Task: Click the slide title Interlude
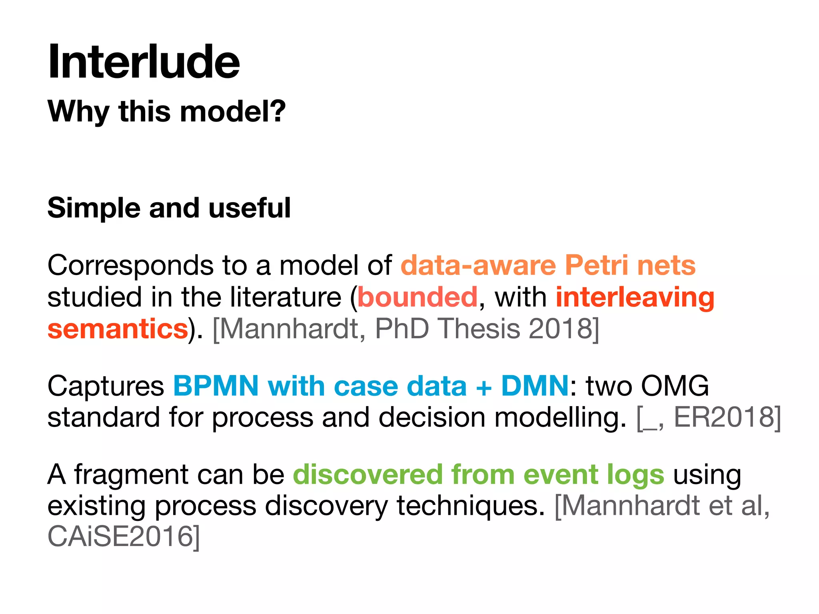tap(144, 62)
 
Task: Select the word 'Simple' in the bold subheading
tap(94, 208)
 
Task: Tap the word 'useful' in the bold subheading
tap(250, 208)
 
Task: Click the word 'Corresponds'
tap(130, 266)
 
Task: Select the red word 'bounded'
tap(417, 297)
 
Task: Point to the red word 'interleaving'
tap(635, 298)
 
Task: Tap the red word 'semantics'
tap(118, 329)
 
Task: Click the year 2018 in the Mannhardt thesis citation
tap(560, 329)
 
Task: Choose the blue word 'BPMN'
tap(216, 386)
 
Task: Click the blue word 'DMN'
tap(535, 386)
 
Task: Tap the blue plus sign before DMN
tap(483, 387)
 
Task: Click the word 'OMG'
tap(675, 386)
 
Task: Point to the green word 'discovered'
tap(368, 474)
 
